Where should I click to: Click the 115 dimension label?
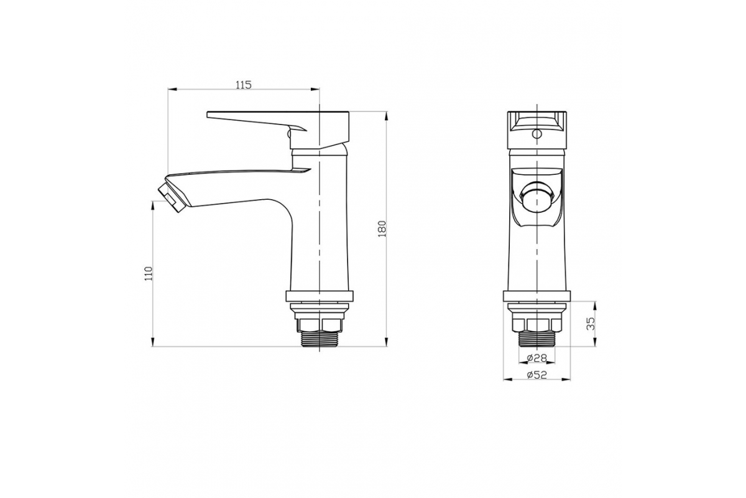click(x=244, y=85)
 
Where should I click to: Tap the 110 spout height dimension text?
click(x=149, y=273)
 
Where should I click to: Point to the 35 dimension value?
click(x=591, y=324)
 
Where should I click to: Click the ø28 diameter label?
click(x=537, y=358)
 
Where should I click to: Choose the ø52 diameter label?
click(x=537, y=375)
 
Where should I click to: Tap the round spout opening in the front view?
click(x=536, y=200)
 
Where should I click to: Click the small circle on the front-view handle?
click(x=536, y=134)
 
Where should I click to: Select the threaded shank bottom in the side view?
click(x=319, y=339)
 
